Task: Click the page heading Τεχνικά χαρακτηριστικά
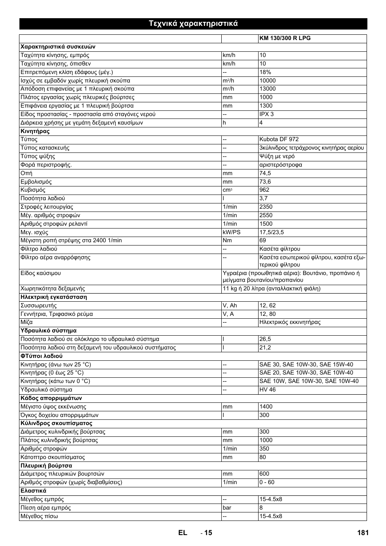click(193, 23)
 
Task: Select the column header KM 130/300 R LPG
click(285, 38)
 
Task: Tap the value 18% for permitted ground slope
click(265, 72)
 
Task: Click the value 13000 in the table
click(267, 89)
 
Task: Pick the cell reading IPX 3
click(266, 114)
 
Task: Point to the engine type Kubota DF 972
click(279, 140)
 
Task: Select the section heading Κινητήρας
click(35, 131)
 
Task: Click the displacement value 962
click(264, 190)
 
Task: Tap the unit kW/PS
click(231, 232)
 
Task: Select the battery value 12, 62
click(267, 306)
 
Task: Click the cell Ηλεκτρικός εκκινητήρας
click(290, 322)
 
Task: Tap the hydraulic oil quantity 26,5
click(265, 339)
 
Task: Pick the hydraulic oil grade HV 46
click(267, 390)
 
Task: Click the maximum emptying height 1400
click(266, 407)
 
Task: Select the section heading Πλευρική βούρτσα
click(46, 466)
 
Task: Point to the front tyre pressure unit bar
click(227, 508)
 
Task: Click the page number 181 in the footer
click(363, 533)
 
